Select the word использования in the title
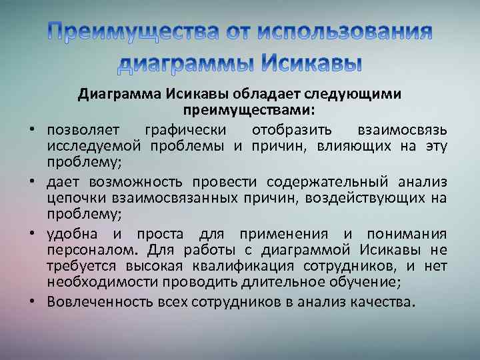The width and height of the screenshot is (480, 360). tap(345, 31)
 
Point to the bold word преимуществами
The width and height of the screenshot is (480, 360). tap(248, 109)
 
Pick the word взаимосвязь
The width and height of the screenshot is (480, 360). tap(407, 129)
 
